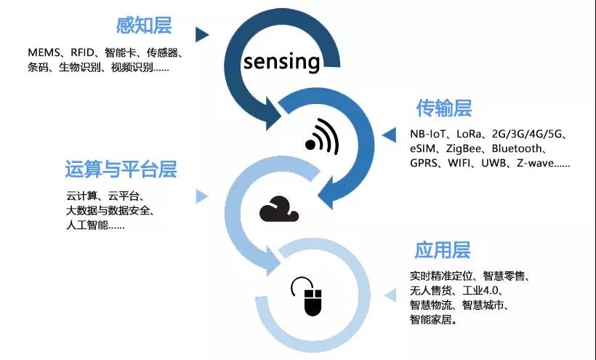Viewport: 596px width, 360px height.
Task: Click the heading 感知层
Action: click(x=144, y=25)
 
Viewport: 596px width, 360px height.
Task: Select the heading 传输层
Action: click(x=444, y=108)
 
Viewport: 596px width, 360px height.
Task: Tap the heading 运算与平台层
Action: click(x=121, y=169)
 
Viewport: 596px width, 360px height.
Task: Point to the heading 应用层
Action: click(x=442, y=250)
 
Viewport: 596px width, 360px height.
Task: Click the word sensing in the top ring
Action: click(x=281, y=62)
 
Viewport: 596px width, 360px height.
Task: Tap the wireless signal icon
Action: click(x=321, y=137)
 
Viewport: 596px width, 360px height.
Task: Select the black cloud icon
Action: click(x=278, y=209)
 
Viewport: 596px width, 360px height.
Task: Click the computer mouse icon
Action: click(x=307, y=296)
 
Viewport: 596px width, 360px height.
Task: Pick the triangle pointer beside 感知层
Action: click(x=202, y=35)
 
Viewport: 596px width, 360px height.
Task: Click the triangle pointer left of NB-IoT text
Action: click(x=389, y=135)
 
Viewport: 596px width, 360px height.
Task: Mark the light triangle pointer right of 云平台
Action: click(x=202, y=196)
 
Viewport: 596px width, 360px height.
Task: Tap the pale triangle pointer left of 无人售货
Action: click(x=390, y=295)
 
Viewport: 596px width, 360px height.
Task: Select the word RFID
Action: click(x=82, y=52)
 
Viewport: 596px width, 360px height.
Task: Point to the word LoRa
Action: click(x=469, y=134)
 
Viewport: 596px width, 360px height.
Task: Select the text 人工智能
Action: click(x=87, y=225)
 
